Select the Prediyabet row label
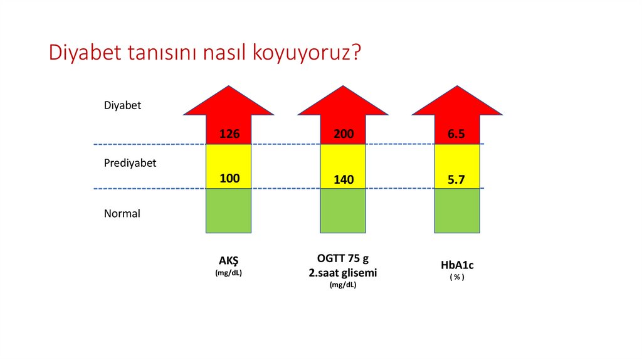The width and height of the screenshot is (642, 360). pos(130,162)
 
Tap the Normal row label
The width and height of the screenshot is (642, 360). pos(122,213)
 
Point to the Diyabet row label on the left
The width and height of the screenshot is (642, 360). pos(122,105)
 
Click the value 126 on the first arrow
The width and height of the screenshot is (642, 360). pos(229,134)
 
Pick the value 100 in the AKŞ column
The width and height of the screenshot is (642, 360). pos(229,178)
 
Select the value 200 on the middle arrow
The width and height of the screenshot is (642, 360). pos(344,134)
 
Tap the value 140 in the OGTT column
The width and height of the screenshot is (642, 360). pos(344,180)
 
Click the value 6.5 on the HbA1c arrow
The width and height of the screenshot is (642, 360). pos(456,134)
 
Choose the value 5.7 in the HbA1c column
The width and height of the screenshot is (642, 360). pos(456,180)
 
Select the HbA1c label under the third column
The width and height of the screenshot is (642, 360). pos(457,265)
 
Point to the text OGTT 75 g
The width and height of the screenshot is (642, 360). pos(342,260)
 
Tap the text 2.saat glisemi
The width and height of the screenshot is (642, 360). pos(342,273)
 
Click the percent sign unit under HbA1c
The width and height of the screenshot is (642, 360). pos(457,277)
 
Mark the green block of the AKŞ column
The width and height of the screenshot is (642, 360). pos(229,211)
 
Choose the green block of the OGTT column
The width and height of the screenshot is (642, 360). pos(343,211)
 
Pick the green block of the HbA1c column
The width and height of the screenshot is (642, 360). pos(457,211)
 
